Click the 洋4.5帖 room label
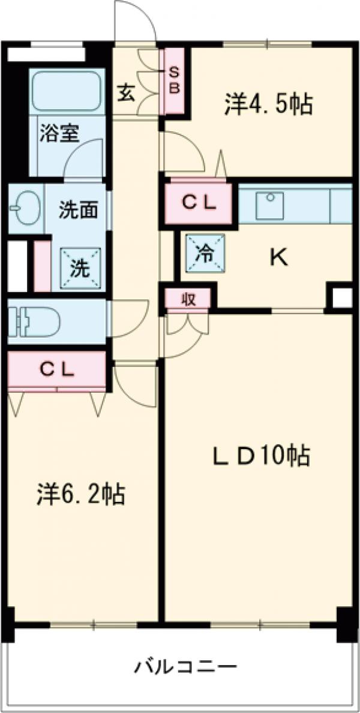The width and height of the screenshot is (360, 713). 268,105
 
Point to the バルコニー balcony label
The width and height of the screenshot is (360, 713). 185,666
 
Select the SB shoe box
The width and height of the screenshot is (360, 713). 175,80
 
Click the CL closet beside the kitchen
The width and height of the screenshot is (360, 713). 199,203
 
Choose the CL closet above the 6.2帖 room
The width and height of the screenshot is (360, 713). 57,369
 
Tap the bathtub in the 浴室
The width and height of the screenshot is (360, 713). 65,91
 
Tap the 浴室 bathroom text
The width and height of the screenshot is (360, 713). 59,133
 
